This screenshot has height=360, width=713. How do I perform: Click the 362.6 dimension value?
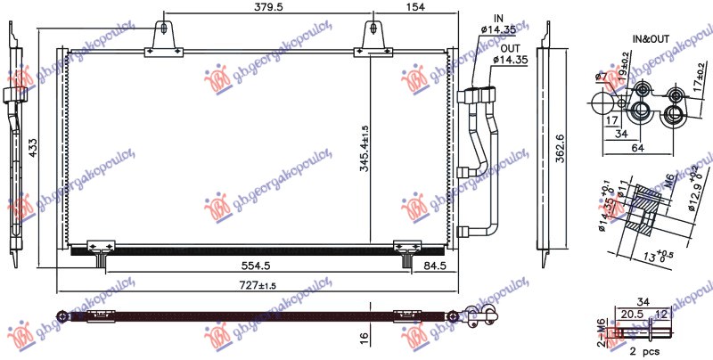(x=559, y=151)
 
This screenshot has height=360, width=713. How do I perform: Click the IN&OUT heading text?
(x=650, y=39)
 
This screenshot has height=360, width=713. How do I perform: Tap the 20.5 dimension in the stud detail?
(x=634, y=315)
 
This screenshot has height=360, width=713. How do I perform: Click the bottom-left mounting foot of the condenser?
(x=101, y=250)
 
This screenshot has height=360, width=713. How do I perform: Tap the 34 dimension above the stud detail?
(x=644, y=300)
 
